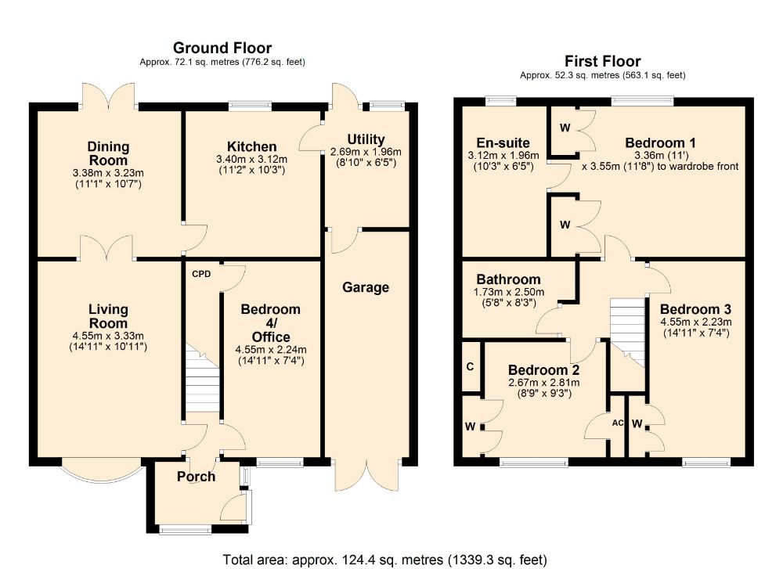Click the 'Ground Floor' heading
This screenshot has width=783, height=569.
click(222, 48)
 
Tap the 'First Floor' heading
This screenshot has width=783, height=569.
click(602, 61)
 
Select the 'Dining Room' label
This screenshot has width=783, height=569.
click(108, 153)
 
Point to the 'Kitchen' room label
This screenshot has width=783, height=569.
click(251, 146)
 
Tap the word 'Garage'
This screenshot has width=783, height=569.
click(366, 287)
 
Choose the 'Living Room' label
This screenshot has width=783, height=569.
click(108, 317)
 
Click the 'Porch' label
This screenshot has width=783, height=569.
click(196, 477)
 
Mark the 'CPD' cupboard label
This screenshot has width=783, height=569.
click(201, 275)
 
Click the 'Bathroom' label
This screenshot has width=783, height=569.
click(508, 279)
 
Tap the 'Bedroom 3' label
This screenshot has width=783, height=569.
click(695, 308)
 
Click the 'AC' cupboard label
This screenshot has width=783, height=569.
click(618, 423)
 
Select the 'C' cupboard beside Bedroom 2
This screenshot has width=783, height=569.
click(470, 366)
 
